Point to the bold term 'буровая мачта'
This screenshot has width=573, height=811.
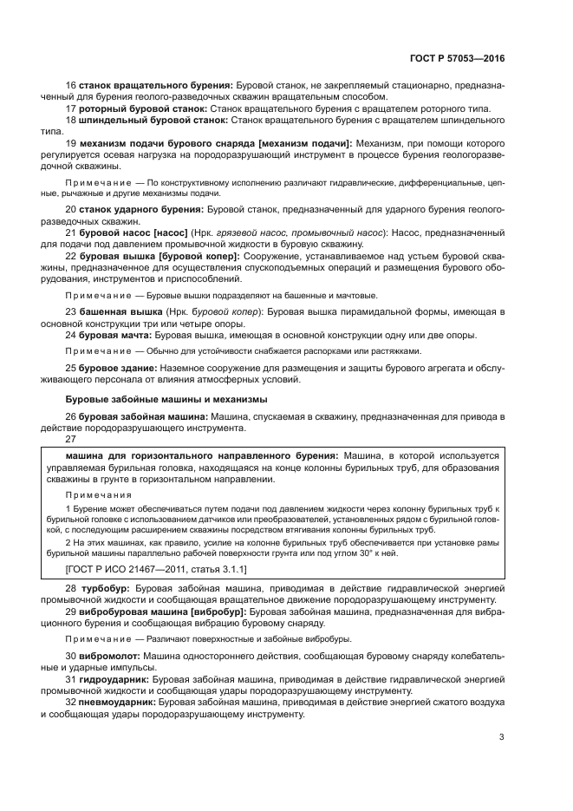[114, 334]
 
